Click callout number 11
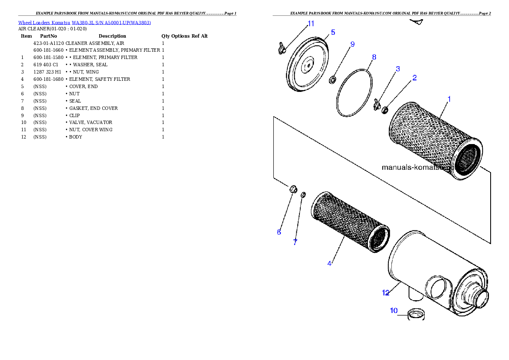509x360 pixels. click(311, 23)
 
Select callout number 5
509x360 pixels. click(333, 32)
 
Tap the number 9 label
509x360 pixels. click(352, 44)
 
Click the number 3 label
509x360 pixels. click(398, 68)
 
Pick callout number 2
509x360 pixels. click(414, 78)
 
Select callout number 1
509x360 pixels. click(449, 99)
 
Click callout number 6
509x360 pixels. click(279, 232)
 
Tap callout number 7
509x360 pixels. click(295, 242)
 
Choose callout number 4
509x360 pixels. click(329, 263)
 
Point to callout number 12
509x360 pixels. click(385, 293)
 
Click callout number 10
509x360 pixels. click(394, 310)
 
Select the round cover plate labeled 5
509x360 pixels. click(306, 64)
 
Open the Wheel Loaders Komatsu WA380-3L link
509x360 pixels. click(84, 23)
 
